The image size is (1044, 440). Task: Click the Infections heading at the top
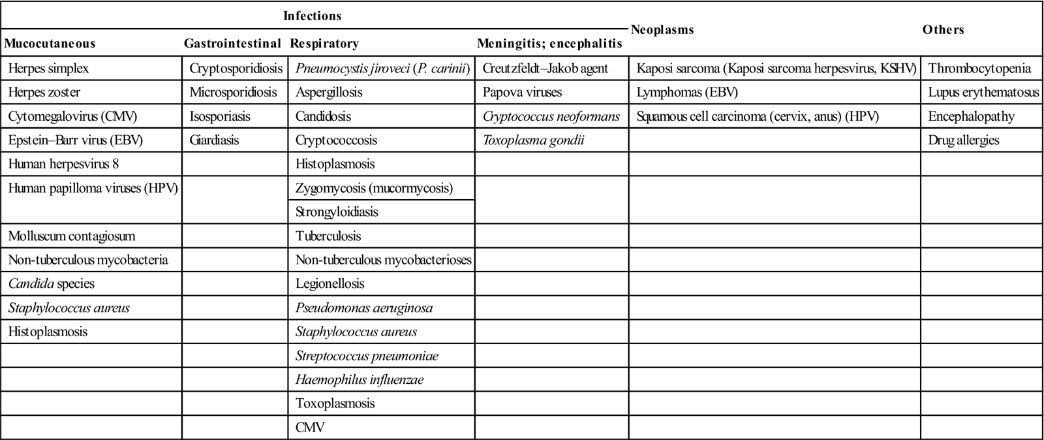[x=312, y=16]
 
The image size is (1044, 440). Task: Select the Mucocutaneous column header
[x=50, y=44]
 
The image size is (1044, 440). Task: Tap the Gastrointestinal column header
[x=232, y=44]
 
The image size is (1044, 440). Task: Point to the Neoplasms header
[x=662, y=29]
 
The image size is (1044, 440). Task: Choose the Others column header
[x=943, y=29]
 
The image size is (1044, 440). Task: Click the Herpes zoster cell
[x=44, y=92]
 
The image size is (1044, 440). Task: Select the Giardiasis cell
[x=215, y=140]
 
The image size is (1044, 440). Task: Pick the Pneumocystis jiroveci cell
[x=383, y=69]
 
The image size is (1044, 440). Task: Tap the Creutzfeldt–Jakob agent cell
[x=545, y=69]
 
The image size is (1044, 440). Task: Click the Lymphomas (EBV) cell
[x=687, y=92]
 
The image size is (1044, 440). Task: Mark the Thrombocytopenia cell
[x=979, y=69]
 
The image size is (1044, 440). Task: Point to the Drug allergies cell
[x=964, y=140]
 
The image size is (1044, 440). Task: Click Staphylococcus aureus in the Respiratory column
[x=356, y=332]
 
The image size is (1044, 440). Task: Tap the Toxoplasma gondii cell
[x=534, y=140]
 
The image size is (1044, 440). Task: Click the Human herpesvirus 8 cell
[x=64, y=164]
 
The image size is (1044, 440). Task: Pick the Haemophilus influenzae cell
[x=360, y=379]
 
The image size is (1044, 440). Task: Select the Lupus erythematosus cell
[x=983, y=92]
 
